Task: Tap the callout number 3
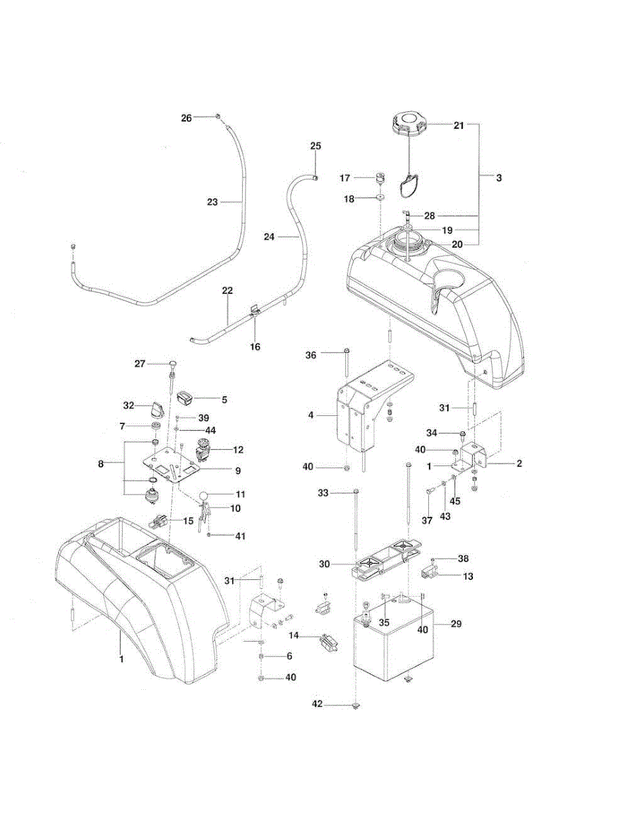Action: (499, 178)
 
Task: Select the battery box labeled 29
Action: (394, 640)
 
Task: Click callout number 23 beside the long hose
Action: (212, 202)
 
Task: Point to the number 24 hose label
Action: (269, 237)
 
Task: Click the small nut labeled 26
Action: (217, 117)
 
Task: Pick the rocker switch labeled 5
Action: (185, 398)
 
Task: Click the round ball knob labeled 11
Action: (204, 495)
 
